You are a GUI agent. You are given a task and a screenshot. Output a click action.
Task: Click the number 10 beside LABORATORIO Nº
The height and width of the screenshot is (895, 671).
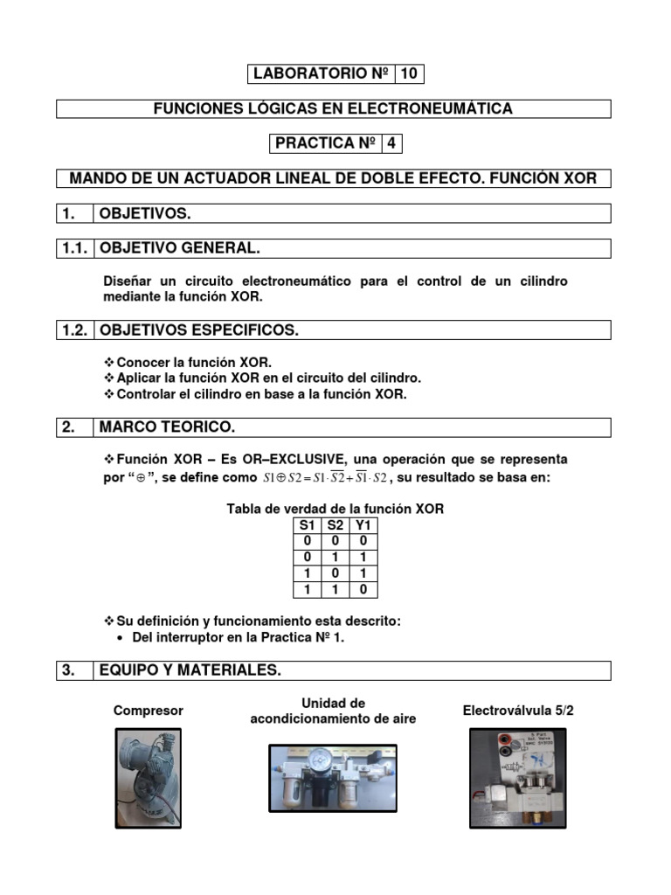tap(409, 74)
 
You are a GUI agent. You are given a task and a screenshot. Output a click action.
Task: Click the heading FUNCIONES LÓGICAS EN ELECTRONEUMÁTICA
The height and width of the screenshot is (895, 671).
tap(333, 109)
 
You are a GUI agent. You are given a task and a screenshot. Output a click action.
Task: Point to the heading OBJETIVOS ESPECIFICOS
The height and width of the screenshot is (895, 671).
tap(198, 330)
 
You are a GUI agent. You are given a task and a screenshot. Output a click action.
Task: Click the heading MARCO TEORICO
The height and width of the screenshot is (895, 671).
tap(167, 427)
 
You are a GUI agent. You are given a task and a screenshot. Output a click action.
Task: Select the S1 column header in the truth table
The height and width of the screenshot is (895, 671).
tap(306, 525)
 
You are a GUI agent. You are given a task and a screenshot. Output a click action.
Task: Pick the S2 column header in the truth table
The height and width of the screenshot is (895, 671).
tap(335, 525)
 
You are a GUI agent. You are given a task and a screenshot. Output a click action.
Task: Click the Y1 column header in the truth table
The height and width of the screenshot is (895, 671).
tap(363, 525)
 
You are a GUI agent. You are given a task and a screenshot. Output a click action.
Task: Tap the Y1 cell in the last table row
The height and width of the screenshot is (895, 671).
tap(363, 590)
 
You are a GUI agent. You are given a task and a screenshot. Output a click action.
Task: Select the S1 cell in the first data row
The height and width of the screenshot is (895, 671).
tap(306, 541)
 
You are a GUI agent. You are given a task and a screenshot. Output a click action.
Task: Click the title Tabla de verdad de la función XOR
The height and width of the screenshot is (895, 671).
tap(335, 509)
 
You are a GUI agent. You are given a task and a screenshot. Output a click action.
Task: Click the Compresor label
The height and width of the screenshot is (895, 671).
tap(149, 711)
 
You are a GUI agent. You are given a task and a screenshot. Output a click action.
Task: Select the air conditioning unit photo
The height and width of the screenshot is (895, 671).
tap(332, 779)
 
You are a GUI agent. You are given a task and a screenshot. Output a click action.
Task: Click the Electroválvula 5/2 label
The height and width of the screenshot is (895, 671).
tap(518, 711)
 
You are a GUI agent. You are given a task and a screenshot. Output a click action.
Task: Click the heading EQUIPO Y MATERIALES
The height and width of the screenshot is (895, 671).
tap(190, 670)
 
